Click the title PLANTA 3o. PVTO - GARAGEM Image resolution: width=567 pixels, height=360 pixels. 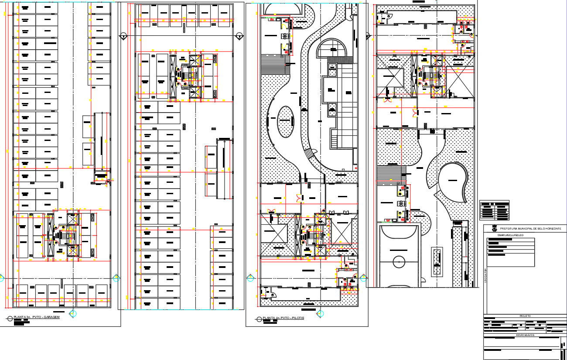point(37,317)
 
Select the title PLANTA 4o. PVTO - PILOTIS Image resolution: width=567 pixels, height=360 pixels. point(283,318)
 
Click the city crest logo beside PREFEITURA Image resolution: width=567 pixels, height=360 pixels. point(494,229)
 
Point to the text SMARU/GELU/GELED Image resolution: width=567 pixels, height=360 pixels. point(507,235)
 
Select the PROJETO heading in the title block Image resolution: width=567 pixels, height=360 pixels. point(525,316)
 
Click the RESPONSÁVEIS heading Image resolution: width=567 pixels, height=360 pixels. point(525,336)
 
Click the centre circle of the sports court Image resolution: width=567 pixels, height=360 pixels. point(399,262)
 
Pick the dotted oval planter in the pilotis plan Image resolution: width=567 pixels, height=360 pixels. point(286,122)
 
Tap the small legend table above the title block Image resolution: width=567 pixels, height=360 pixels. point(494,210)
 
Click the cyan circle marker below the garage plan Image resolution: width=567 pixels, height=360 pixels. point(73,313)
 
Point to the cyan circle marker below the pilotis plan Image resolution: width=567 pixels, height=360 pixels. point(321,313)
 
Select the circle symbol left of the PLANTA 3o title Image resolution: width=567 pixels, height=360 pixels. point(10,318)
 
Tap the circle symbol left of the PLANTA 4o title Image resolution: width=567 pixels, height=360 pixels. point(259,319)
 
